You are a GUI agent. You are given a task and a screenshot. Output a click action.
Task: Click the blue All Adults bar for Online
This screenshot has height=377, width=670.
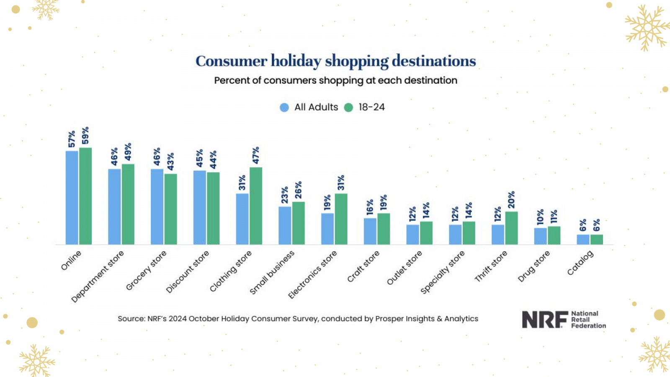72,198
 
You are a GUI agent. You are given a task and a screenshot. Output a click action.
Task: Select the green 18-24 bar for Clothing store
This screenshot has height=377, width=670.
256,206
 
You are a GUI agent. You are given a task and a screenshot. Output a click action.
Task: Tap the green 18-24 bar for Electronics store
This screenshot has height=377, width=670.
341,219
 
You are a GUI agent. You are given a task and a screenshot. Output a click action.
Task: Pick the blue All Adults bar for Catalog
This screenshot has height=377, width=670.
583,240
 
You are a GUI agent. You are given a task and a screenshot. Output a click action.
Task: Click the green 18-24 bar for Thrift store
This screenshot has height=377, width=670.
511,228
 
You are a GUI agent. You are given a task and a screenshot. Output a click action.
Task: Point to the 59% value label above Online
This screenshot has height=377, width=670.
85,135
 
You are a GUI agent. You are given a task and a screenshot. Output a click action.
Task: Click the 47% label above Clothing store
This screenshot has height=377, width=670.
256,155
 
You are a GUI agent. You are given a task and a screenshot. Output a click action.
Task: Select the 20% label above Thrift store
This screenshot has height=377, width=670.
511,200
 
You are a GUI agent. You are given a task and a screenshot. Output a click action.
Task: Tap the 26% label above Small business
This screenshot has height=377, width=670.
298,190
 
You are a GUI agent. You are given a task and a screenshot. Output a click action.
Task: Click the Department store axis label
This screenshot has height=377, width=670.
98,276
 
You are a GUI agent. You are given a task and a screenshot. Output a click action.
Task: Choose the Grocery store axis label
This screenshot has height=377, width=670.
146,270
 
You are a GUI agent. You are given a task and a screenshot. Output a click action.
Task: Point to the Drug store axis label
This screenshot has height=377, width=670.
533,266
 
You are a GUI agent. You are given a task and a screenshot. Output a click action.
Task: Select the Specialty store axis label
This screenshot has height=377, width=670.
443,272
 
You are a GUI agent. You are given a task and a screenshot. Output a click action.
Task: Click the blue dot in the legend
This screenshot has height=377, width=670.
284,108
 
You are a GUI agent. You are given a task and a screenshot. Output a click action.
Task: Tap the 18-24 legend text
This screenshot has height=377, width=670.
371,107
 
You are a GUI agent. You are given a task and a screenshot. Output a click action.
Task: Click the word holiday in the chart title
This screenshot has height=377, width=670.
296,61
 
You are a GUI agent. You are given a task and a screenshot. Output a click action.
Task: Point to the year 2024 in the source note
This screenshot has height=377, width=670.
178,319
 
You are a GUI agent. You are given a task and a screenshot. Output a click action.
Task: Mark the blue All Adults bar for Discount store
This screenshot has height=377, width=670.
199,207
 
